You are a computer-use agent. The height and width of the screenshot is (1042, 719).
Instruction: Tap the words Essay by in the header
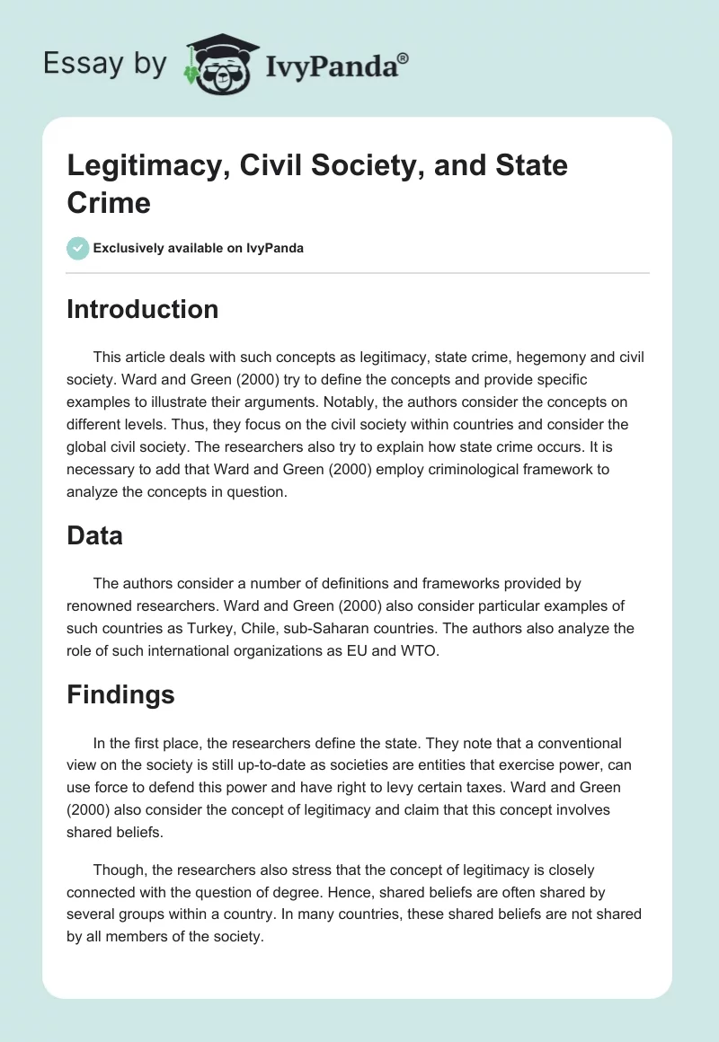(x=106, y=64)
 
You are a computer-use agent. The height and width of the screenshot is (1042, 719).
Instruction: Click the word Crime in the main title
(x=109, y=202)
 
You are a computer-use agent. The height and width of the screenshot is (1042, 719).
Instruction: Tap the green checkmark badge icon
(x=78, y=248)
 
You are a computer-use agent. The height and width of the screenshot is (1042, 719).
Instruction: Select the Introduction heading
(x=142, y=309)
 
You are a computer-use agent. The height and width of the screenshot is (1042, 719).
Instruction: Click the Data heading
(x=94, y=536)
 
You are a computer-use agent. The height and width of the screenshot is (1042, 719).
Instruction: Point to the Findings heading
(x=120, y=694)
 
